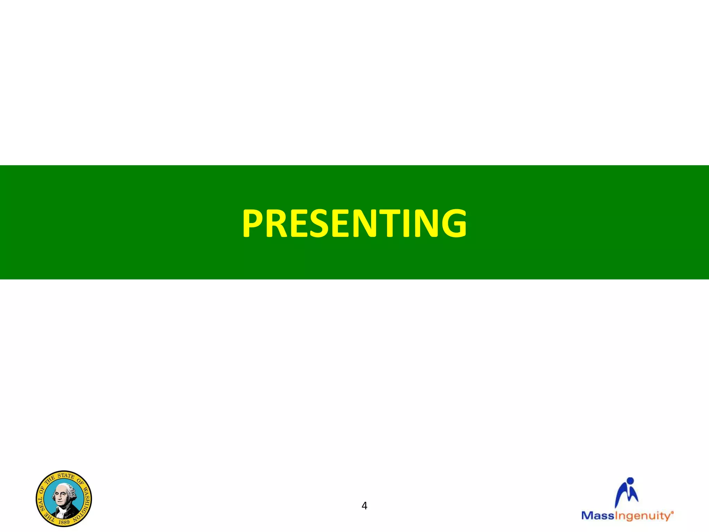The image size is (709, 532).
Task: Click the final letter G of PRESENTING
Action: tap(452, 223)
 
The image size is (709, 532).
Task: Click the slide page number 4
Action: tap(364, 506)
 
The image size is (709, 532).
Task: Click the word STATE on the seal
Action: tap(66, 476)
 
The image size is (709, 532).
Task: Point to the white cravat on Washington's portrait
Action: tap(62, 508)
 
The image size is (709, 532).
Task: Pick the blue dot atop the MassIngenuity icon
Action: tap(630, 481)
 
